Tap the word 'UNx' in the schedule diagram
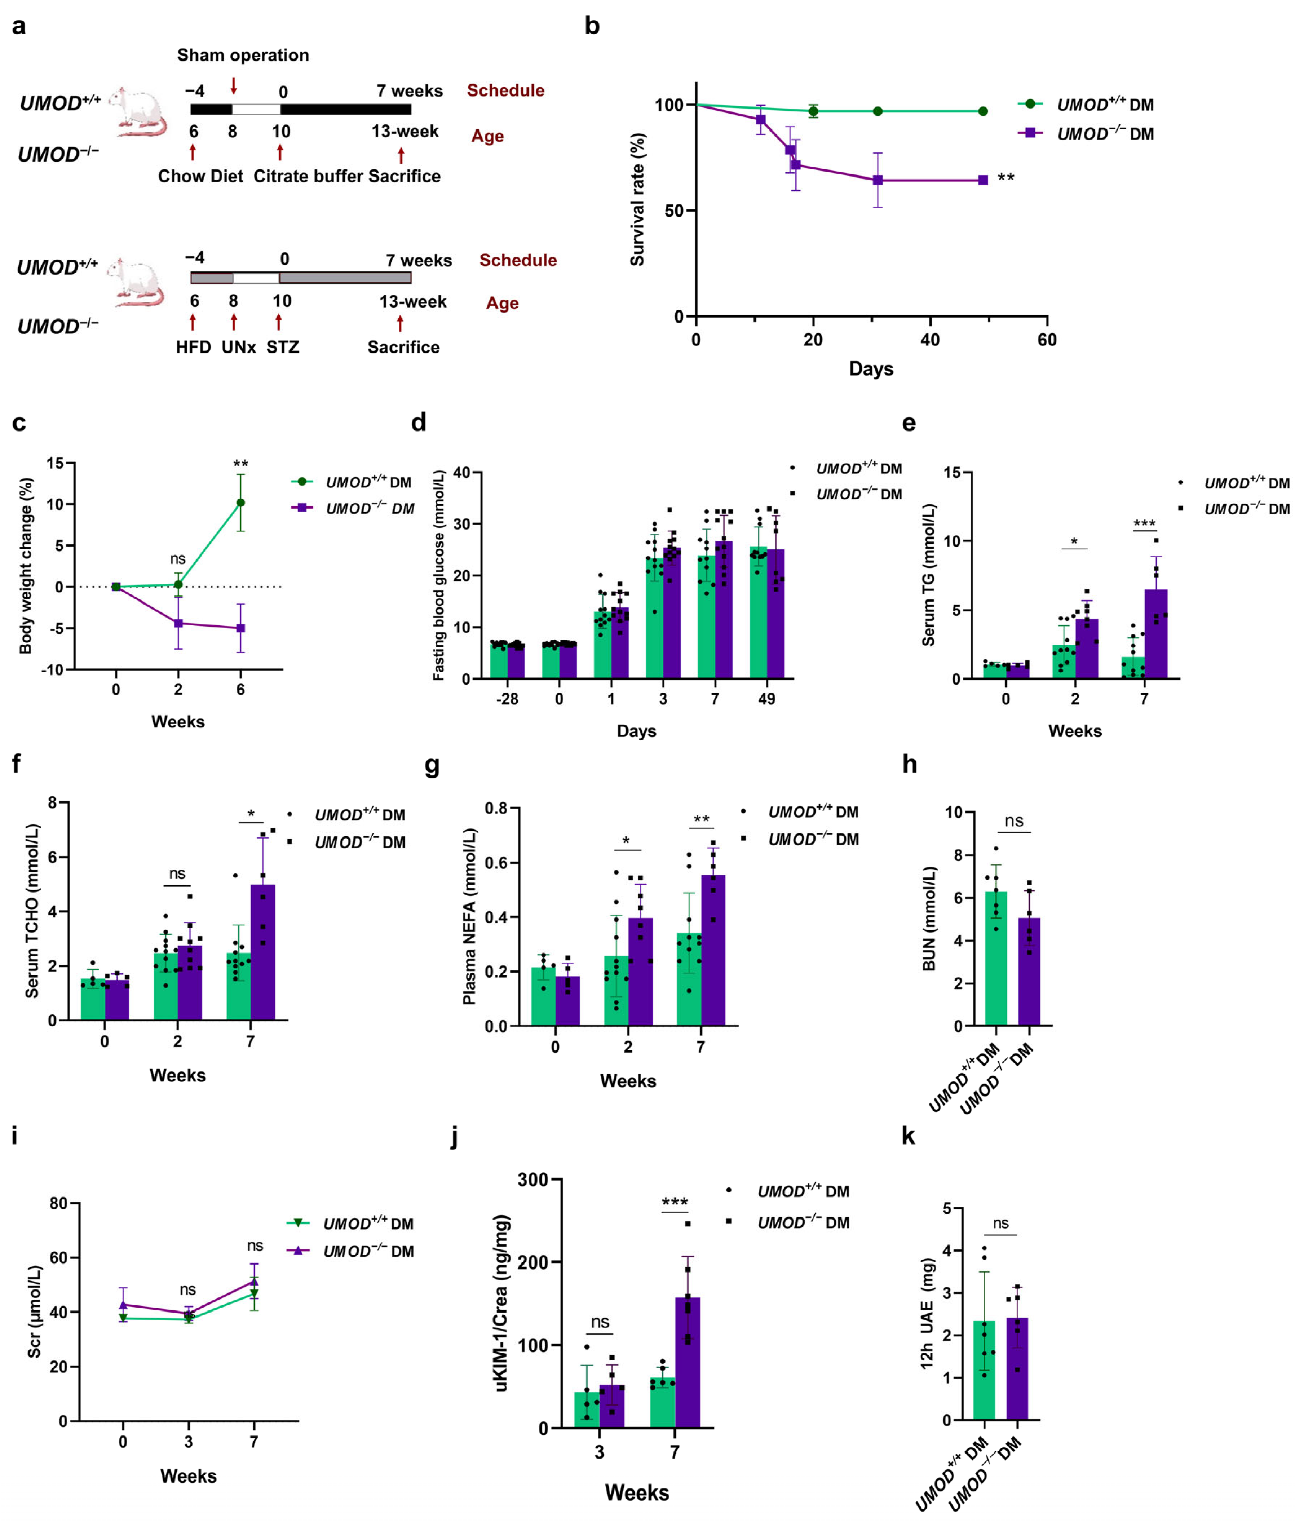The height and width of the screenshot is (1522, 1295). click(x=239, y=347)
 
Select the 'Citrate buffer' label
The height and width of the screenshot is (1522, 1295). click(x=308, y=176)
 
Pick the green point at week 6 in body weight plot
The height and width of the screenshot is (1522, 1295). click(x=240, y=503)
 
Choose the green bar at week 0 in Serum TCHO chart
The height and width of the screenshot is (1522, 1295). click(x=93, y=999)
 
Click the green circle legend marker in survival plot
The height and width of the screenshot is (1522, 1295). click(x=1030, y=104)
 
